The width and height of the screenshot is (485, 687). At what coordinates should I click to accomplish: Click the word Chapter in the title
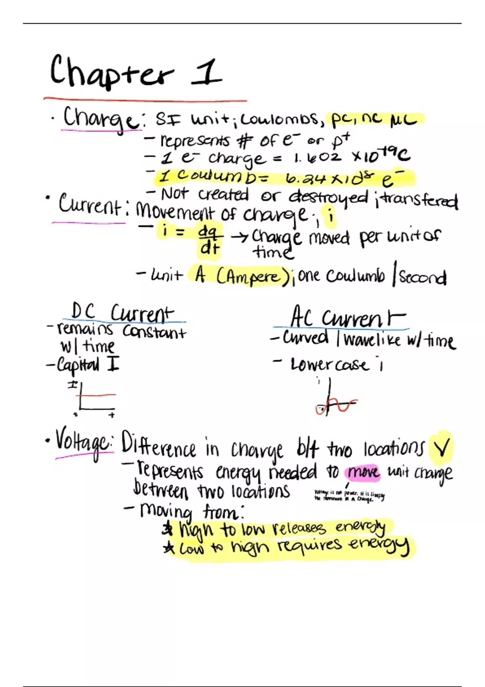[111, 73]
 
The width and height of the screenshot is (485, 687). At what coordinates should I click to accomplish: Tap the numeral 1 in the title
[207, 73]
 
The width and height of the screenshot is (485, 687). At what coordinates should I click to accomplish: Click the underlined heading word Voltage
[83, 445]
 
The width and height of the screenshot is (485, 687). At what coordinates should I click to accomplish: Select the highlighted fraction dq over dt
[210, 240]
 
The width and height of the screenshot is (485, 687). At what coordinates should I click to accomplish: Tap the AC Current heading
[348, 318]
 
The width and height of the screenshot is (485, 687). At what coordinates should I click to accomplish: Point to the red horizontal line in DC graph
[99, 395]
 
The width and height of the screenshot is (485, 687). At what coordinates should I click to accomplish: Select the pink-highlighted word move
[363, 472]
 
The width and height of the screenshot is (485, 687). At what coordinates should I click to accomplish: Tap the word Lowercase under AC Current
[329, 365]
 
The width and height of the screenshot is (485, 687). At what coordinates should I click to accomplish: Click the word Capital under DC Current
[78, 365]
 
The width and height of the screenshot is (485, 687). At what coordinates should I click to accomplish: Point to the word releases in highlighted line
[298, 528]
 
